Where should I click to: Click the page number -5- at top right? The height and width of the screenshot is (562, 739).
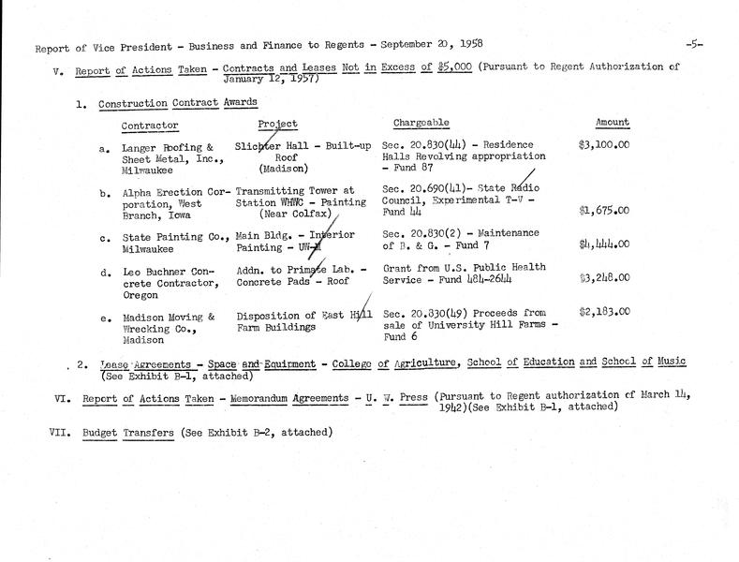click(695, 44)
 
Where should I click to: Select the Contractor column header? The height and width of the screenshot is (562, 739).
click(150, 126)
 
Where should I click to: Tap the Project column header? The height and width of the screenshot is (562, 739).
click(277, 124)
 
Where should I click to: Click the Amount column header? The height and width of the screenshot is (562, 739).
click(613, 123)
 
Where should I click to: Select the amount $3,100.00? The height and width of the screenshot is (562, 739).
click(605, 147)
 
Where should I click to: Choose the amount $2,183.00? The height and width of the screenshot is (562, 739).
click(605, 313)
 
